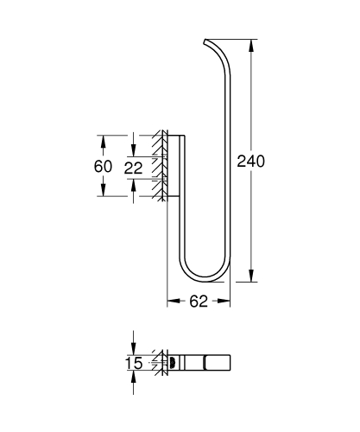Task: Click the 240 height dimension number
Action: tap(249, 161)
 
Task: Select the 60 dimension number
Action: tap(102, 166)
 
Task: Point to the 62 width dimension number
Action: tap(198, 302)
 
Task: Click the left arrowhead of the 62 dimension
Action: tap(170, 302)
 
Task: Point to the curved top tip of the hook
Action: tap(207, 42)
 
